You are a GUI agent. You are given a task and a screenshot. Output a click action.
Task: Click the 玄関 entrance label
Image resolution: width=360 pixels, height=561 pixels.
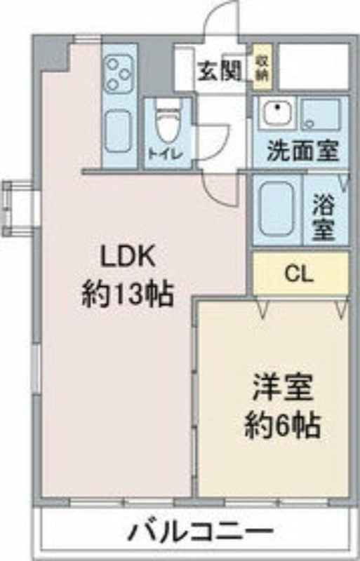[x=219, y=71]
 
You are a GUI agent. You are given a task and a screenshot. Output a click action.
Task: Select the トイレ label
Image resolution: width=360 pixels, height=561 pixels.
[x=166, y=154]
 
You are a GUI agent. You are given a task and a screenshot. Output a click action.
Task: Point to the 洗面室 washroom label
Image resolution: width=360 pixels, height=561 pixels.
[x=303, y=151]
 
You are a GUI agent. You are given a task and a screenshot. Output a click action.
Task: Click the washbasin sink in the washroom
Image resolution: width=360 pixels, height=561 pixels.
[x=277, y=111]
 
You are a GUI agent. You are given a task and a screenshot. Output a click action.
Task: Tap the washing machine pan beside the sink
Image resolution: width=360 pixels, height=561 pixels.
[x=321, y=114]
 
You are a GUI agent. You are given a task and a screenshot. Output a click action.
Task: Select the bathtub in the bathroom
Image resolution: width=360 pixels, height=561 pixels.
[x=276, y=208]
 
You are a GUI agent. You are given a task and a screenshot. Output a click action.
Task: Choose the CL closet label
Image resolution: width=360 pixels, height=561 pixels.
[x=299, y=273]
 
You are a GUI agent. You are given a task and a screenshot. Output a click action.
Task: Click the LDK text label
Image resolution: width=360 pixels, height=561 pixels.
[x=128, y=256]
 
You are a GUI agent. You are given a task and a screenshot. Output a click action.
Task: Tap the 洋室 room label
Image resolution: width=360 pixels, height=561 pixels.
[x=282, y=388]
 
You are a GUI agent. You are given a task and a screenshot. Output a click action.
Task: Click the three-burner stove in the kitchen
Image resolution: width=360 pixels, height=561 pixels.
[x=119, y=74]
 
